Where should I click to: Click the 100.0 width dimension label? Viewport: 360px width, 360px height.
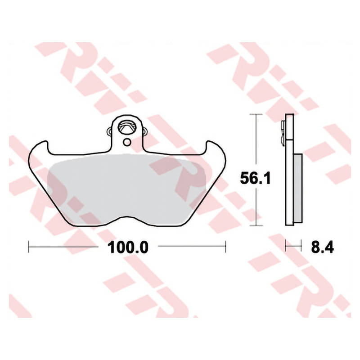pyautogui.click(x=128, y=247)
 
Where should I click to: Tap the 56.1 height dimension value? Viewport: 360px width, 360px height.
pyautogui.click(x=255, y=178)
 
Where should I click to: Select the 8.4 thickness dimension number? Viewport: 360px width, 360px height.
pyautogui.click(x=323, y=247)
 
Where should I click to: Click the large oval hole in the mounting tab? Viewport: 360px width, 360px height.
pyautogui.click(x=126, y=127)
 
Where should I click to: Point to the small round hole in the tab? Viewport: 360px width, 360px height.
pyautogui.click(x=127, y=142)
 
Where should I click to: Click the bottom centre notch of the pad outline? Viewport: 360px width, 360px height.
pyautogui.click(x=126, y=217)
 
